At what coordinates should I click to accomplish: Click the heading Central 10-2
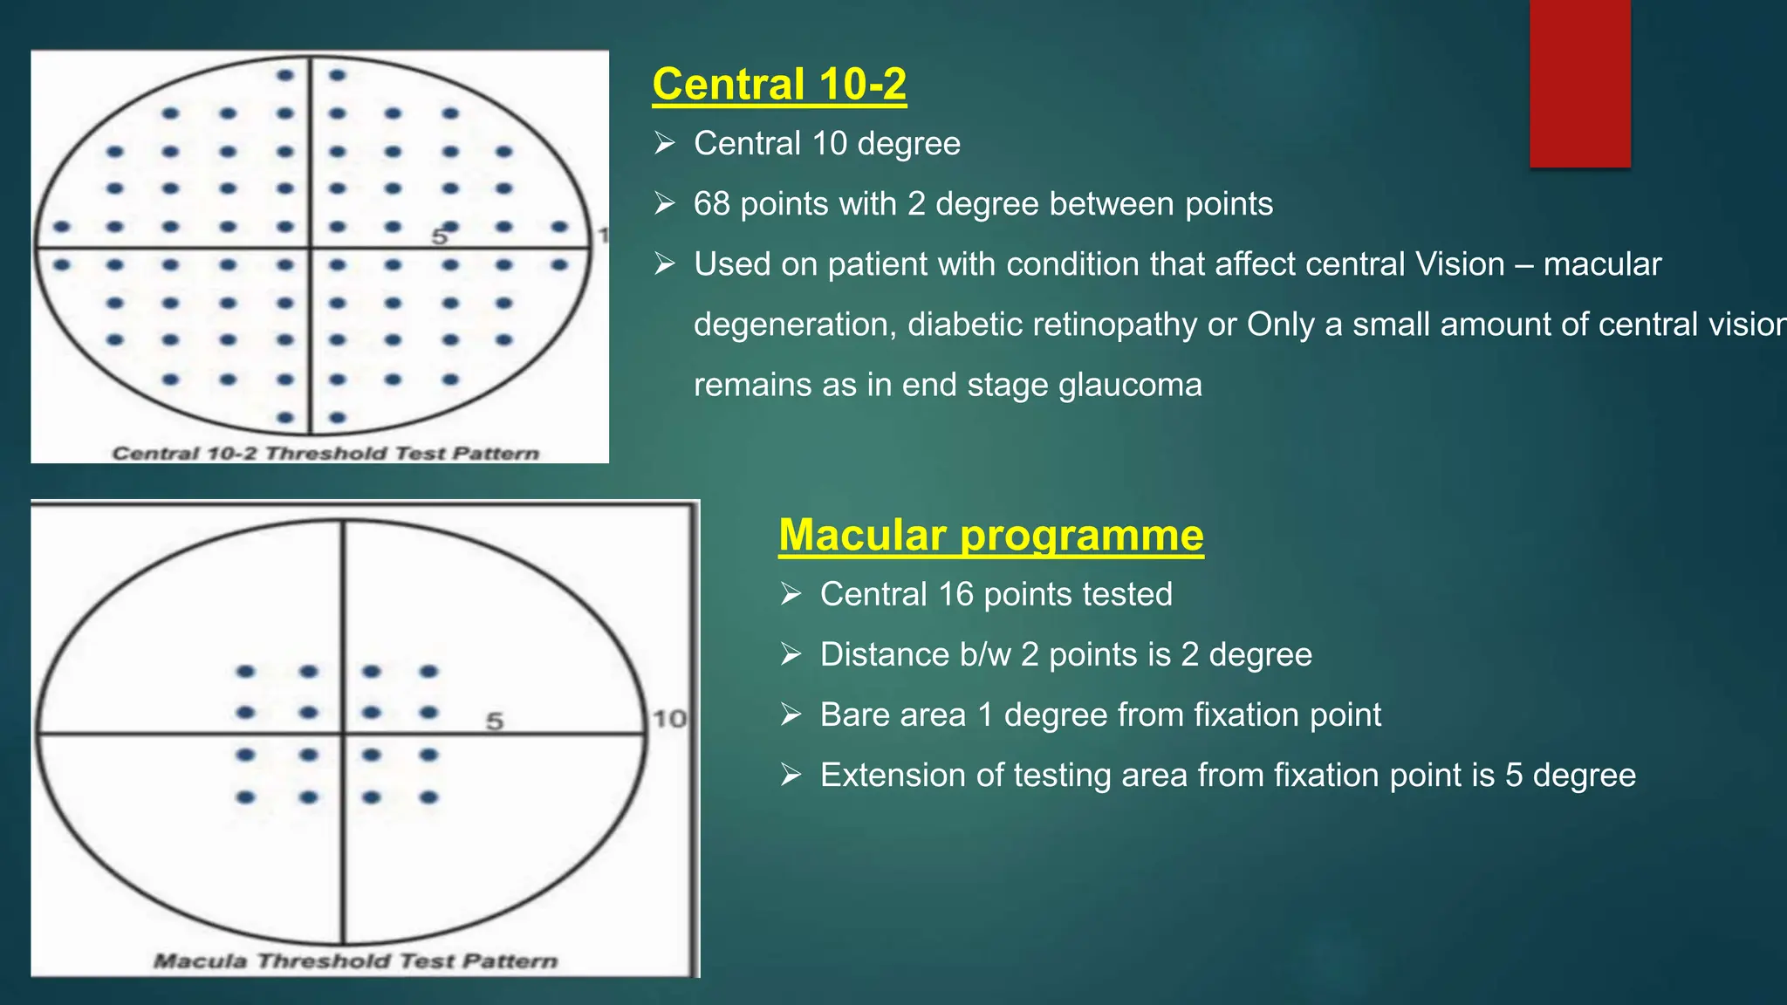[x=779, y=85]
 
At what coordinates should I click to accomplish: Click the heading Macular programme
[x=990, y=535]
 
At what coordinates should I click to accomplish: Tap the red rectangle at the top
[x=1579, y=83]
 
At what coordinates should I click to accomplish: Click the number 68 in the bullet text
[x=711, y=204]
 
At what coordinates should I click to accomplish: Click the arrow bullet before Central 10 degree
[x=665, y=143]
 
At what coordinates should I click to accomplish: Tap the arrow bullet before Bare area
[x=791, y=714]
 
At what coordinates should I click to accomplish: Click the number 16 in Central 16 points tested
[x=955, y=594]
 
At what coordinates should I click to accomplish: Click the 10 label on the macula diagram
[x=669, y=719]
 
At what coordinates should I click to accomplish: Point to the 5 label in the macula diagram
[x=495, y=721]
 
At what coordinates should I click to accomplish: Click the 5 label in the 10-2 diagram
[x=439, y=236]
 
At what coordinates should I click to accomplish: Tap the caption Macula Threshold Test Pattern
[x=355, y=961]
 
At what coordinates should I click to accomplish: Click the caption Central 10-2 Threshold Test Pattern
[x=325, y=454]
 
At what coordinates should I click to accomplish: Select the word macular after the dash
[x=1602, y=264]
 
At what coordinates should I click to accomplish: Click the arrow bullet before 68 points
[x=665, y=203]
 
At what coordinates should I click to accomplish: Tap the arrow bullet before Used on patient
[x=665, y=263]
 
